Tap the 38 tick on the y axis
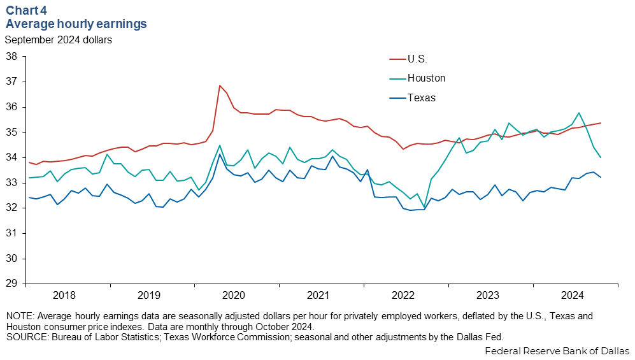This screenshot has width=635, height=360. tap(11, 56)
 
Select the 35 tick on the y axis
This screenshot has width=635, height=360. tap(11, 132)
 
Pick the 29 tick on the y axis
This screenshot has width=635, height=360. tap(11, 284)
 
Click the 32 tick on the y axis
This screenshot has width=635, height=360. tap(11, 208)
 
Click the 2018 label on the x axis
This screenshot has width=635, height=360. tap(64, 295)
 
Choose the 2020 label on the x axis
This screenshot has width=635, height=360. tap(234, 295)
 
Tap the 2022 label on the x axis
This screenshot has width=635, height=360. tap(403, 295)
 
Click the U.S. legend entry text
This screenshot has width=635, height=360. tap(417, 59)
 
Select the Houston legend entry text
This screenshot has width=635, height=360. tap(426, 78)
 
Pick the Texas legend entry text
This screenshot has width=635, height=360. tap(422, 97)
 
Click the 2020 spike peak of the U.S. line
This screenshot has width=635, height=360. tap(220, 85)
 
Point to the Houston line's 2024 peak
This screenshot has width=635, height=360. tap(579, 113)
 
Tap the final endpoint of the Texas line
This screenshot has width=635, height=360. tap(601, 177)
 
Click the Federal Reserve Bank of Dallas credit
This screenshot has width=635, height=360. tap(557, 351)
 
